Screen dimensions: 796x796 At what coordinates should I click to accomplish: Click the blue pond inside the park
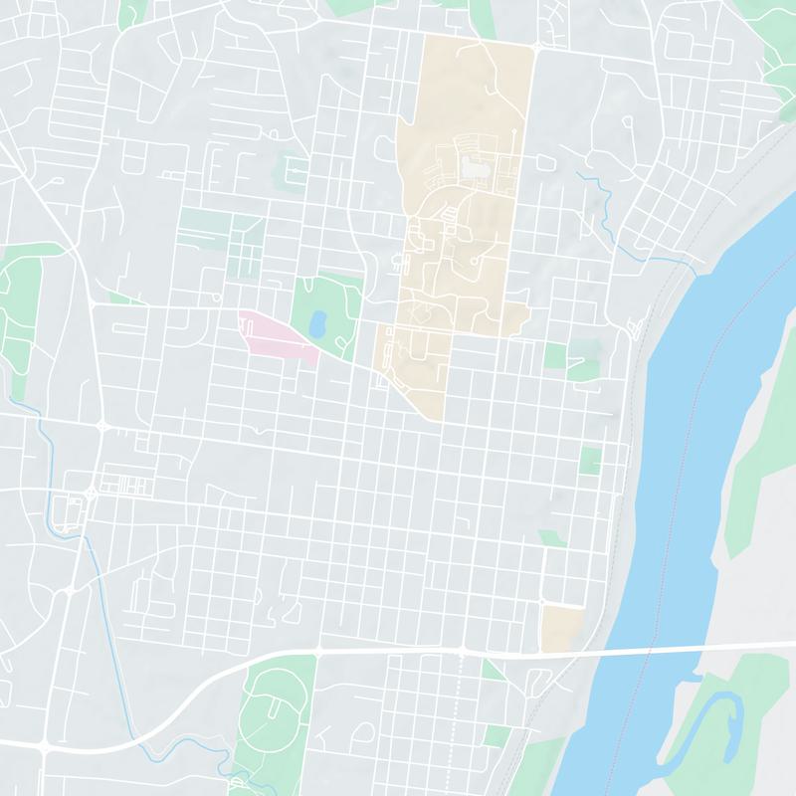[x=317, y=323]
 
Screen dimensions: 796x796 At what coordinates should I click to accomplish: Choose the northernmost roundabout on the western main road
[x=102, y=427]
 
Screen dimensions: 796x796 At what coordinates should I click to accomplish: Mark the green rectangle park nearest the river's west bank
[x=591, y=461]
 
